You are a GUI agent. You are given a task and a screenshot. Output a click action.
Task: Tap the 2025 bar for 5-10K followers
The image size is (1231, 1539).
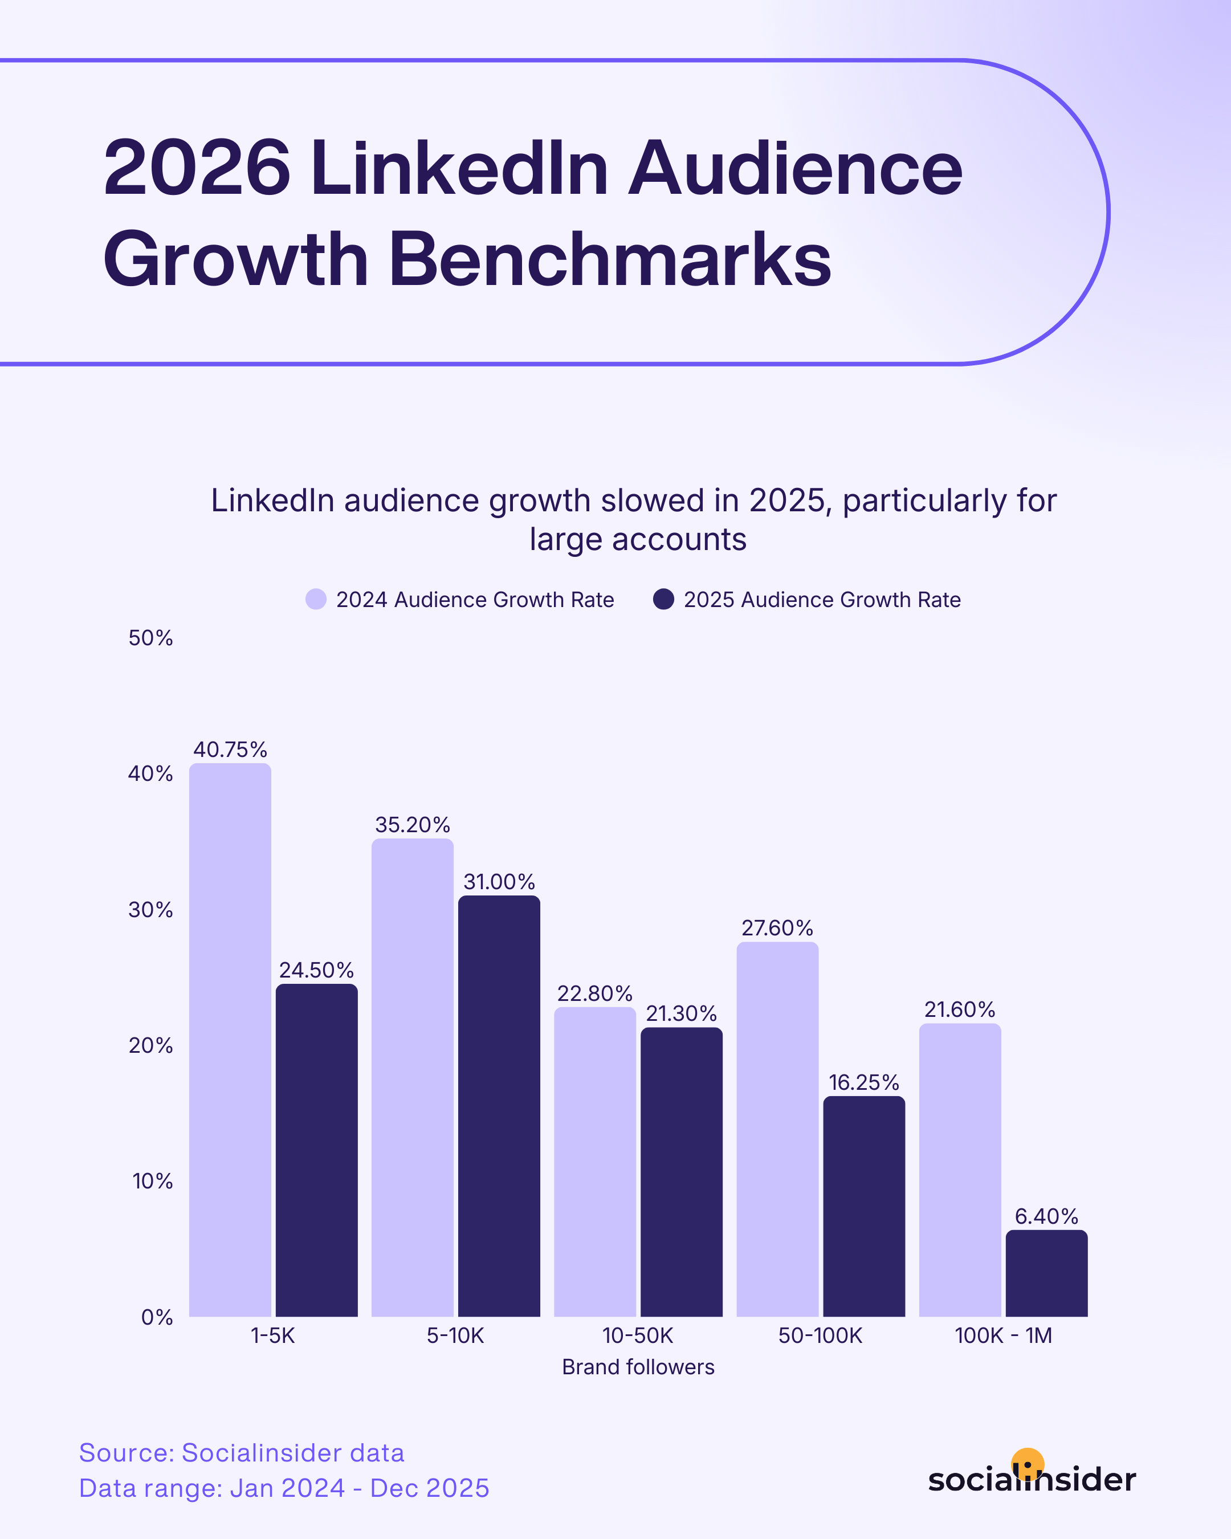[x=499, y=1106]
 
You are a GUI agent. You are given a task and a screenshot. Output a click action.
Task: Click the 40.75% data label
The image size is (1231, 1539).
[x=230, y=750]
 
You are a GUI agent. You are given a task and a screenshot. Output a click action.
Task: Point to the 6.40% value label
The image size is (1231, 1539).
[x=1046, y=1216]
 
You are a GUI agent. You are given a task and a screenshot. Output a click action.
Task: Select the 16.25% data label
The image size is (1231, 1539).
[x=863, y=1083]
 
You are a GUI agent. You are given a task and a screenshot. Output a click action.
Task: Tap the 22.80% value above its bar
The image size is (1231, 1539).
[x=594, y=994]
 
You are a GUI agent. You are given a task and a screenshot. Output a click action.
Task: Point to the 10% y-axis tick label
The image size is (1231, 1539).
[x=152, y=1182]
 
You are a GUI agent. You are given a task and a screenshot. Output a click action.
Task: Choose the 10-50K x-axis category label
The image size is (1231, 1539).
[x=637, y=1336]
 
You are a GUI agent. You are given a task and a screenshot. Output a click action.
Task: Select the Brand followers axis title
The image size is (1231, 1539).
[x=638, y=1367]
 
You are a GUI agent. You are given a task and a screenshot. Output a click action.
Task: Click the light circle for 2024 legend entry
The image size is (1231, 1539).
[x=315, y=599]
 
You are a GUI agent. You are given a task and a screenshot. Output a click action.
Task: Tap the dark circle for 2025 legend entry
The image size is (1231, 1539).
[x=663, y=599]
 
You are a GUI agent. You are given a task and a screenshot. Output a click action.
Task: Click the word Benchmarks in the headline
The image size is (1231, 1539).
[x=610, y=259]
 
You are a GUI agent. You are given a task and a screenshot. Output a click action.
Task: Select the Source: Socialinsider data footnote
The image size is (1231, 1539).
[x=241, y=1452]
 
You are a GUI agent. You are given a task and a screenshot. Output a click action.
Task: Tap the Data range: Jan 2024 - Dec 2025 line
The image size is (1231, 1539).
[x=283, y=1488]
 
